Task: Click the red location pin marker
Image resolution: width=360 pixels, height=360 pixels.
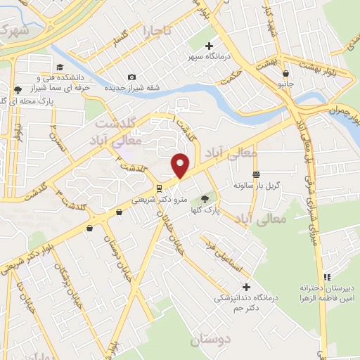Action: pyautogui.click(x=181, y=166)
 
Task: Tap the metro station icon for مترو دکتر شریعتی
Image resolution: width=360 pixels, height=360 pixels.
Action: pyautogui.click(x=160, y=188)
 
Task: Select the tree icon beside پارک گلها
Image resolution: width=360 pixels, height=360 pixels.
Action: pyautogui.click(x=205, y=200)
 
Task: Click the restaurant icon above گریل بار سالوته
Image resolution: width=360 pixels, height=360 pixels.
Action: pyautogui.click(x=257, y=174)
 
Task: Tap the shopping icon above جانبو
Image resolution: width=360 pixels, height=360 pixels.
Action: pyautogui.click(x=285, y=73)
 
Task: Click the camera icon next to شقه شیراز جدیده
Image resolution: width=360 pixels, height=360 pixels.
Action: pyautogui.click(x=131, y=77)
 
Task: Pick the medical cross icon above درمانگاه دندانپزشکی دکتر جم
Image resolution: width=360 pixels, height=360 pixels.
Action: pyautogui.click(x=246, y=287)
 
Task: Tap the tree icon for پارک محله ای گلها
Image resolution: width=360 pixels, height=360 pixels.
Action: pyautogui.click(x=17, y=89)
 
